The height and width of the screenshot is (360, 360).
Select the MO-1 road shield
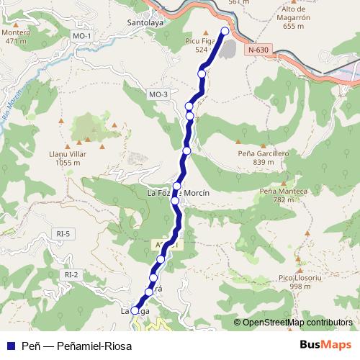(x=82, y=36)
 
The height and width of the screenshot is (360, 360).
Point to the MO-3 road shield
(x=158, y=94)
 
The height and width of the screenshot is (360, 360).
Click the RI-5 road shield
(x=64, y=233)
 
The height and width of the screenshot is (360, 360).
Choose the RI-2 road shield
(x=71, y=274)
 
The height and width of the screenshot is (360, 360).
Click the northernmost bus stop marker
(x=225, y=31)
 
